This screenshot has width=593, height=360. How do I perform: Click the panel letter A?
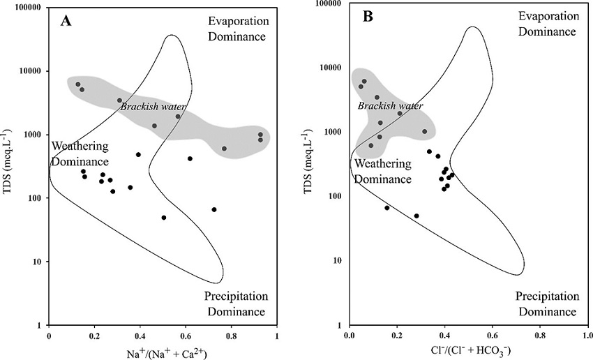point(66,21)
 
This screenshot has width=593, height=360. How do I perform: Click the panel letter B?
point(368,17)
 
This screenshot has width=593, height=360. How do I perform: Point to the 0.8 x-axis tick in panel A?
point(232,336)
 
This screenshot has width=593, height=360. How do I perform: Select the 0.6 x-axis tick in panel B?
point(492,335)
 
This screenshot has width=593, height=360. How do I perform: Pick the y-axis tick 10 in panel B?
point(336,261)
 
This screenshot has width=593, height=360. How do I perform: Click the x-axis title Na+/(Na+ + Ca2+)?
point(163,354)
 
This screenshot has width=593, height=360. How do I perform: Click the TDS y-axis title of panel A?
point(9,167)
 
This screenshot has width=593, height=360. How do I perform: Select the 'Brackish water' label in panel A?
point(153,107)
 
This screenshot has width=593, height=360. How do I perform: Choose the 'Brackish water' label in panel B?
point(390,105)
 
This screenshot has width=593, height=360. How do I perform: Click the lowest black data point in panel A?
point(164,218)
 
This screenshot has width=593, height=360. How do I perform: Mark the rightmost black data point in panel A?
point(214,209)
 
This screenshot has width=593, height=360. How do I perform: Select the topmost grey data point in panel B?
point(364,81)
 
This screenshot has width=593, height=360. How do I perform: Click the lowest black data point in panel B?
point(416,216)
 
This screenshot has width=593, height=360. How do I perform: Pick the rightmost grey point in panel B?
point(424,131)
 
